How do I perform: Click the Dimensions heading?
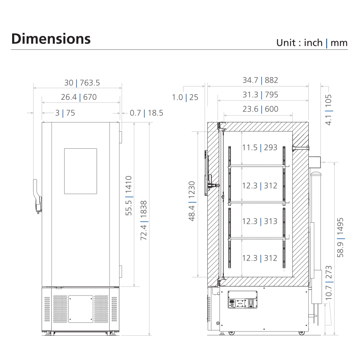51,39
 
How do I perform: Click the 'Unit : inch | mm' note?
312,43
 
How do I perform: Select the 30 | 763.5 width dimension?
82,83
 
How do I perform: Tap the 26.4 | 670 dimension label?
79,97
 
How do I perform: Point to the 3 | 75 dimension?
65,113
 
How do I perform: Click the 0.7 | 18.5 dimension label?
146,113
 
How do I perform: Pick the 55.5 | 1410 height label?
129,196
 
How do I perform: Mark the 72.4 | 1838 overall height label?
144,221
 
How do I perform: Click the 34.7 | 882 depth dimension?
260,80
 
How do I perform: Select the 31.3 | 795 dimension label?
260,95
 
